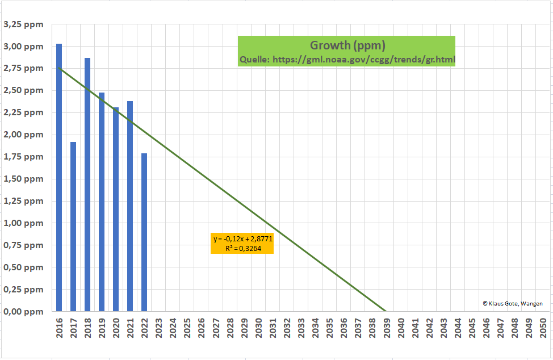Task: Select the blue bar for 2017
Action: (73, 227)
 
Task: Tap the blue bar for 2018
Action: (87, 185)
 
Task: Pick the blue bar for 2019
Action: (102, 202)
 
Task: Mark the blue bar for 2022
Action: (144, 232)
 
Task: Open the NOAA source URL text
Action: (347, 59)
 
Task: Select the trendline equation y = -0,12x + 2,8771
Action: (242, 239)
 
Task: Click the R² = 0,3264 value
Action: (242, 248)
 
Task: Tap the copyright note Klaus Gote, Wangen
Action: (512, 303)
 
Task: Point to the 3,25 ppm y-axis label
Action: (23, 24)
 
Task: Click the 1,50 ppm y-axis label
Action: (23, 179)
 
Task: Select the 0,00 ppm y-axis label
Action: (23, 311)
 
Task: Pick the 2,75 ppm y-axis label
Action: (23, 68)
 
